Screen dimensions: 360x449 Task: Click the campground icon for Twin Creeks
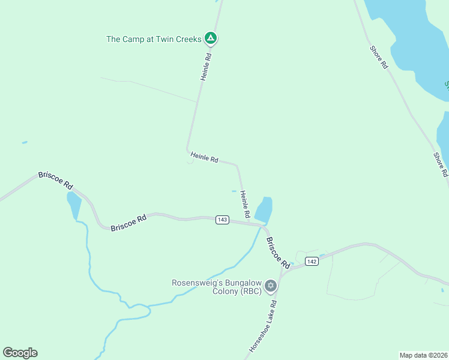click(x=210, y=38)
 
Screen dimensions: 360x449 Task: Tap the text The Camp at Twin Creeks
click(x=154, y=39)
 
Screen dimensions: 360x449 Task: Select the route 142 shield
click(x=311, y=261)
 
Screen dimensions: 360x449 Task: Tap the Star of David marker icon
click(x=271, y=285)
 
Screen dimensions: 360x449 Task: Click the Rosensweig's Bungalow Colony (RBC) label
click(x=217, y=287)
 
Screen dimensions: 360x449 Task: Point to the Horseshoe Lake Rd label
click(x=262, y=329)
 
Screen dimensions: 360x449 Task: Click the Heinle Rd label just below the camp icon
click(x=205, y=67)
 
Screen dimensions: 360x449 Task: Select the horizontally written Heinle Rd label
click(x=204, y=157)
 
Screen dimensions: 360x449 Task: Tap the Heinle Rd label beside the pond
click(x=245, y=205)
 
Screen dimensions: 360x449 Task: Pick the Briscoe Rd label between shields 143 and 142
click(x=278, y=252)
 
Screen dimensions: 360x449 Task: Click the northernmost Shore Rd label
click(x=379, y=56)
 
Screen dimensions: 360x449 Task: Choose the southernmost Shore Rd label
click(x=441, y=164)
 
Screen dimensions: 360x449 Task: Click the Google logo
click(x=20, y=353)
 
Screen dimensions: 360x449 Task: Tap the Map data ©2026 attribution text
click(x=423, y=355)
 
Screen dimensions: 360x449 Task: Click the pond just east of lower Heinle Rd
click(x=264, y=209)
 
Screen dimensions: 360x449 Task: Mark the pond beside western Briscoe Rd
click(x=74, y=205)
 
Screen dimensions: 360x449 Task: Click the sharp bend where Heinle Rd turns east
click(x=188, y=150)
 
